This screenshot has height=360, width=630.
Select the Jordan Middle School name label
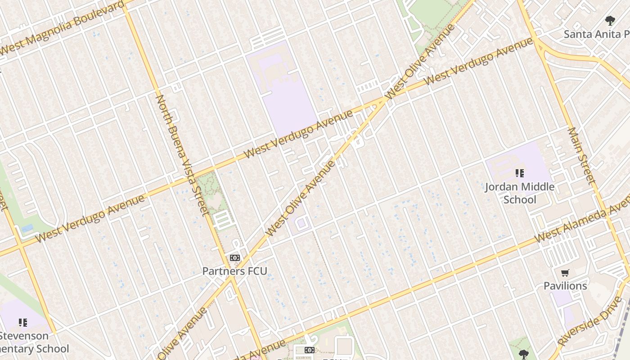pos(520,193)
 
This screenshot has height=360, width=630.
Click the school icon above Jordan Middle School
pos(520,173)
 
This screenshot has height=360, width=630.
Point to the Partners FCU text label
pos(234,271)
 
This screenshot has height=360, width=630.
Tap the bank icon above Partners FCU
pos(234,258)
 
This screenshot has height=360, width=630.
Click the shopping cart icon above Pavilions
pos(565,273)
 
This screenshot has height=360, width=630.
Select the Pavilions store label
pos(565,286)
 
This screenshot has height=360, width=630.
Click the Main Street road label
pos(581,156)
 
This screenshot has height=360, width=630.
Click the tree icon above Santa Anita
pos(610,20)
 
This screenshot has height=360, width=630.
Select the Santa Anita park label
pos(596,34)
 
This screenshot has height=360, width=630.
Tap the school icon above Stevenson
pos(22,322)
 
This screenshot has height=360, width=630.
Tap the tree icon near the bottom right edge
pos(523,354)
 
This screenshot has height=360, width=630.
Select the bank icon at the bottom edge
pos(309,350)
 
